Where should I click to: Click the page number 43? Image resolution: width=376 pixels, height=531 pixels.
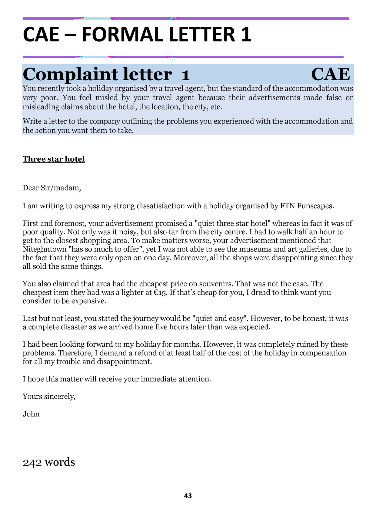[188, 496]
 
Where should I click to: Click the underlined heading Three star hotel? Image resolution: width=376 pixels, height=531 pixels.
[54, 159]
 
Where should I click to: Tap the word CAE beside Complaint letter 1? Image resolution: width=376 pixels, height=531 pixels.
[330, 74]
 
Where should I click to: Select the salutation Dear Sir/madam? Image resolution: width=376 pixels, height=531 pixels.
[52, 188]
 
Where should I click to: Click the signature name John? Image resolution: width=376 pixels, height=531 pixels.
[31, 414]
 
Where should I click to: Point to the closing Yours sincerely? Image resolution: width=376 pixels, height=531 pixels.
[49, 396]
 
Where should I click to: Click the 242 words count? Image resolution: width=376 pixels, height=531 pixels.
[49, 462]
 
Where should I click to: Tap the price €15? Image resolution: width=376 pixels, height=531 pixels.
[160, 292]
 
